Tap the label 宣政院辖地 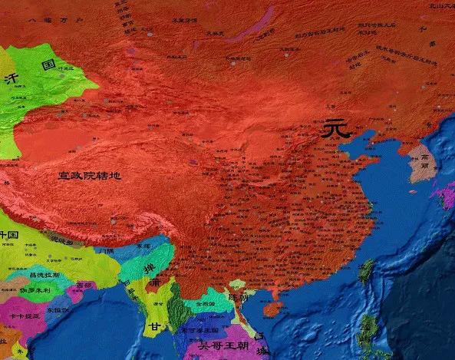pyautogui.click(x=90, y=176)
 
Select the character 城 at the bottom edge pyautogui.click(x=263, y=352)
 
